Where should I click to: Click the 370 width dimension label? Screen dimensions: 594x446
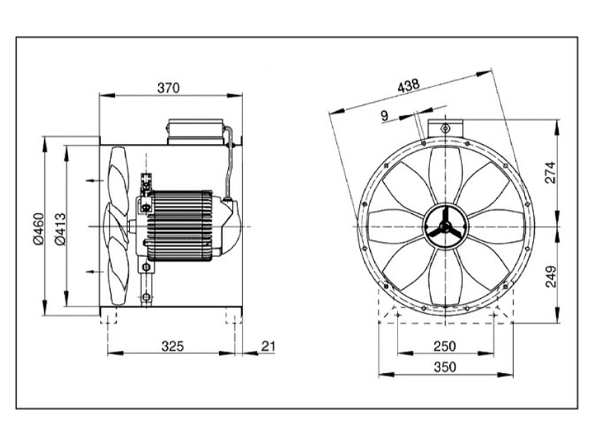point(169,88)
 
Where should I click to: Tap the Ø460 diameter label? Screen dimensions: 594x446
point(39,228)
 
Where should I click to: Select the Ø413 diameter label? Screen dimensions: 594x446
point(60,229)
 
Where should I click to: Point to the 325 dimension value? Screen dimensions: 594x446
point(172,346)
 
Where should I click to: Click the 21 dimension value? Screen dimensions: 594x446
point(268,346)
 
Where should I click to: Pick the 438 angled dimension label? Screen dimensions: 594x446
point(408,85)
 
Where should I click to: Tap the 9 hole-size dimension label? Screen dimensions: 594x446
point(385,116)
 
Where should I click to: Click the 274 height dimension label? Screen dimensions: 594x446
point(550,172)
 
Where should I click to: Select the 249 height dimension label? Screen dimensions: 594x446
point(550,276)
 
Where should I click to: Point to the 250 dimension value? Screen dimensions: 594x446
point(445,346)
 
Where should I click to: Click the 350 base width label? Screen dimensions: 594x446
point(445,367)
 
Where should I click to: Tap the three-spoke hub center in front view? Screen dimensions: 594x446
point(445,227)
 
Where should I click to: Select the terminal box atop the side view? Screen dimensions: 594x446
point(194,132)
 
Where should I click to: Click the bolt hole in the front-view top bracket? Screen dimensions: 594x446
point(445,128)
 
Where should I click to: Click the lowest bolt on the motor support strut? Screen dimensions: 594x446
point(146,297)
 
